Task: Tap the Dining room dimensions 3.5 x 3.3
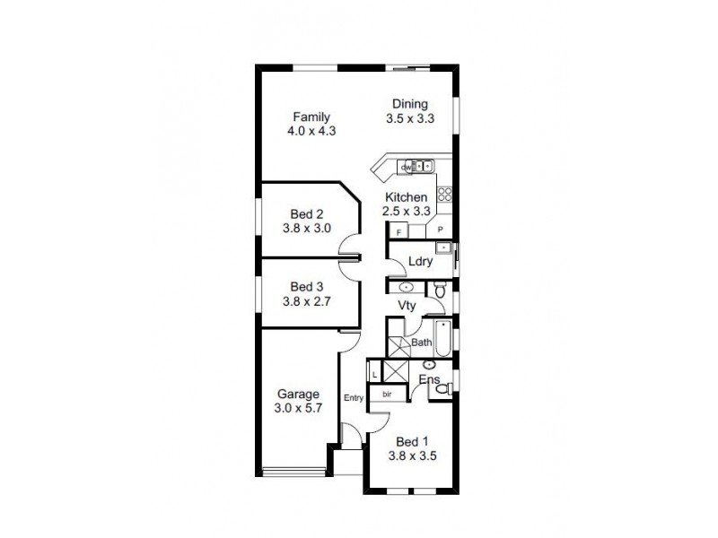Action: (408, 117)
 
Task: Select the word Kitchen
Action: (407, 197)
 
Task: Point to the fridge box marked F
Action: (398, 230)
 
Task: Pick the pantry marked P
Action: (441, 230)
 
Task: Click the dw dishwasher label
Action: (406, 168)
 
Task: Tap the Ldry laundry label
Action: (420, 262)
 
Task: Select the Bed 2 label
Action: (306, 214)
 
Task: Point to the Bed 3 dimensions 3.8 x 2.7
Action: (306, 300)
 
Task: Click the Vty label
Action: (407, 306)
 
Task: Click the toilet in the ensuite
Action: (441, 387)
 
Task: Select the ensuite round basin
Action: (430, 366)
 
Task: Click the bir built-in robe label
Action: (388, 394)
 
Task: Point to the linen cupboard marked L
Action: (375, 374)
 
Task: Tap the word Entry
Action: (352, 398)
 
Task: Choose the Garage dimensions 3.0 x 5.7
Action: (299, 408)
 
